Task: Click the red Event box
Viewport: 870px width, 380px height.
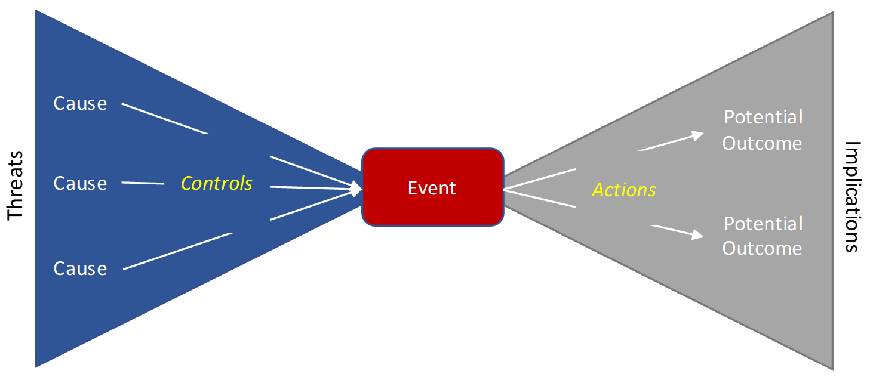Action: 432,187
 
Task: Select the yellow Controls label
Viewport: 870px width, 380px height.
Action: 217,183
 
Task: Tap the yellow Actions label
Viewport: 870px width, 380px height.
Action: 623,190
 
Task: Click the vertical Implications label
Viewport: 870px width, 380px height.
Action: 853,197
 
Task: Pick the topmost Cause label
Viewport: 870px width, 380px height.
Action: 80,103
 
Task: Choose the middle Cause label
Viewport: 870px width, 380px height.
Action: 80,183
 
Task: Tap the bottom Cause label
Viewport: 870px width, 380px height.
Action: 80,268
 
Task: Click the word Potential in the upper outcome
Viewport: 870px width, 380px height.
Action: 763,117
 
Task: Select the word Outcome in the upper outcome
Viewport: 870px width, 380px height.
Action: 762,143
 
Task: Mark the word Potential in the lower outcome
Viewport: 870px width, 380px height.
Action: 763,224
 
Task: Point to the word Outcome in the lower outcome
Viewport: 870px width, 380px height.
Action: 762,248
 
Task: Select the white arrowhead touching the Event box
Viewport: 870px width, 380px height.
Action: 356,189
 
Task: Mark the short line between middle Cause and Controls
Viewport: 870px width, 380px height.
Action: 143,181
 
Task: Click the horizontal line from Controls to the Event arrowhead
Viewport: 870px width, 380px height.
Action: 311,188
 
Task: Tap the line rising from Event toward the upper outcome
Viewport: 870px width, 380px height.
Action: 540,178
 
